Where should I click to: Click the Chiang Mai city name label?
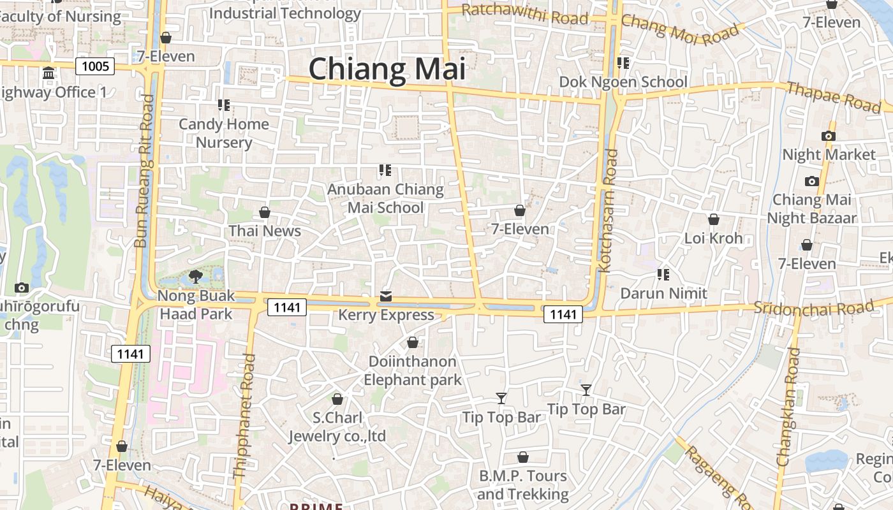387,69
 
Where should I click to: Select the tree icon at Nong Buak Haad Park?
196,277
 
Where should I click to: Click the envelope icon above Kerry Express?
386,296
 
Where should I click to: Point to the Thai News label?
265,231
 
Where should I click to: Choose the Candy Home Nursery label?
223,133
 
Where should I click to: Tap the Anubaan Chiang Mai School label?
385,198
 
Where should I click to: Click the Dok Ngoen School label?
623,82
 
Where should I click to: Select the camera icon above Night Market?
829,136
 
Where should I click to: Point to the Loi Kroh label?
713,238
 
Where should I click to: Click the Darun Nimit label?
663,293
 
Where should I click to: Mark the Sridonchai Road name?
813,308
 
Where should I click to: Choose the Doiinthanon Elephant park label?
412,370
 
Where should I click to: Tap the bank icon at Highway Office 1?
48,73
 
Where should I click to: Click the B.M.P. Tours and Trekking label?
522,485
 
